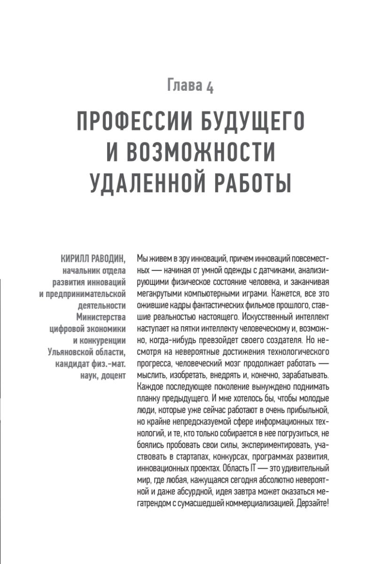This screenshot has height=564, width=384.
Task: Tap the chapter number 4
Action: point(210,87)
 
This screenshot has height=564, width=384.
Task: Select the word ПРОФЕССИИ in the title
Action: point(131,123)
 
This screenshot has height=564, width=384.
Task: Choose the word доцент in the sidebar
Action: point(113,375)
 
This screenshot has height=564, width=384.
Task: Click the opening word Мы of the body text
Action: point(142,258)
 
